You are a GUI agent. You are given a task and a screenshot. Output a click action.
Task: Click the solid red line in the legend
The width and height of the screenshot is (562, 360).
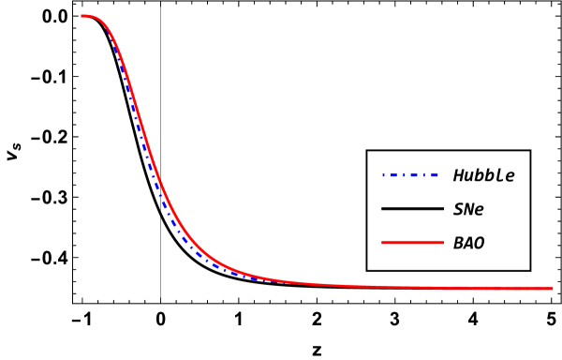tap(412, 242)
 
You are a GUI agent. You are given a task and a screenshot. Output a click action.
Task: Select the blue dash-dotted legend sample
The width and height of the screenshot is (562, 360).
tap(409, 175)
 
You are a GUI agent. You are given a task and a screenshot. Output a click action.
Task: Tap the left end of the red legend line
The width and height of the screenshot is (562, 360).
tap(383, 242)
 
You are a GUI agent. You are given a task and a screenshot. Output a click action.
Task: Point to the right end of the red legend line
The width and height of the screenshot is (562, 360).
tap(442, 242)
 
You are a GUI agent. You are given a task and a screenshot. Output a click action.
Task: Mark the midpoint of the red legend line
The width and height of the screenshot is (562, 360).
tap(412, 242)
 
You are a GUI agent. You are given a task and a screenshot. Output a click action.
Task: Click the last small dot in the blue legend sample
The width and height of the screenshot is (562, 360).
tap(424, 175)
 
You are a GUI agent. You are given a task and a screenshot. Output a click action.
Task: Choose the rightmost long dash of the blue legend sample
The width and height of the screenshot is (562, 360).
tap(435, 175)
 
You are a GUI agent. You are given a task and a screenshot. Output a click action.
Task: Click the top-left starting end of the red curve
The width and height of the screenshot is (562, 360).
tap(83, 16)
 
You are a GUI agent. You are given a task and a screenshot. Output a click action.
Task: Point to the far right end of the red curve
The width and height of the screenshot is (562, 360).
tap(552, 288)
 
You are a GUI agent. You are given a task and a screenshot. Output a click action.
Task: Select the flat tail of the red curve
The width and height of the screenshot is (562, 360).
tap(450, 287)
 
